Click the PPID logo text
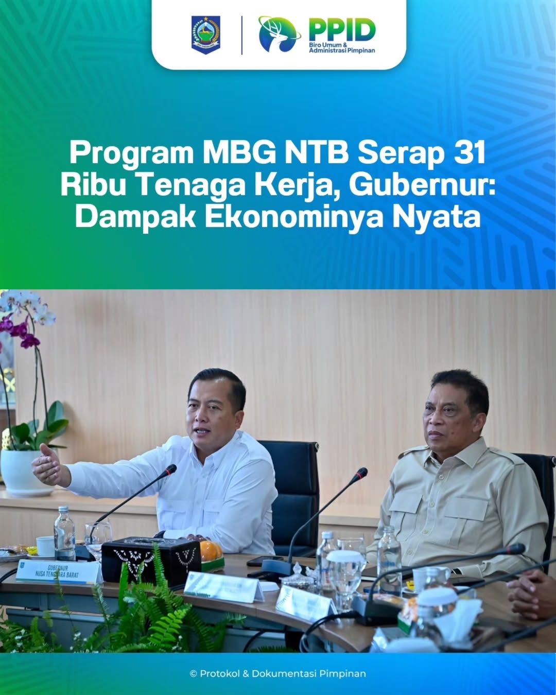(342, 30)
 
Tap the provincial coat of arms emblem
(206, 34)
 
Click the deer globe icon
(279, 34)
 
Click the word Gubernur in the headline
(421, 185)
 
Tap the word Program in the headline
(131, 152)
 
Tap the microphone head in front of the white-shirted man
(169, 469)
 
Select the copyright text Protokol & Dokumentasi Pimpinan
(278, 673)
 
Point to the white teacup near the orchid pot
(45, 546)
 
